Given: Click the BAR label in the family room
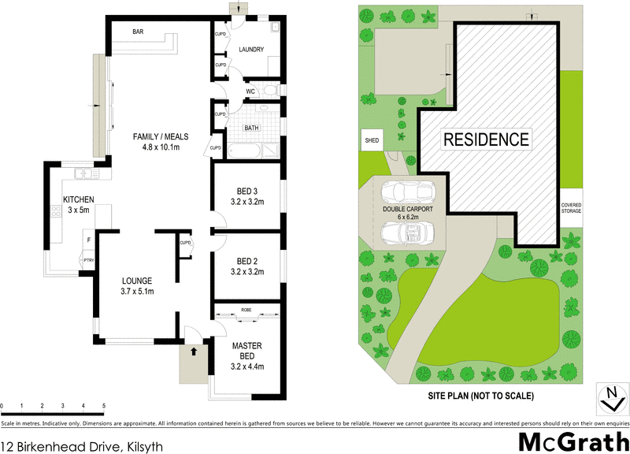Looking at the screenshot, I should point(138,32).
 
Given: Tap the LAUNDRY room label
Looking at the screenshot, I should point(251,50).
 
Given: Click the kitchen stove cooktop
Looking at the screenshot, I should point(56,211).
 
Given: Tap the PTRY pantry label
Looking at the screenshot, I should point(88,260).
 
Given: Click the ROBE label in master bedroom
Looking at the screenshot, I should point(246,311).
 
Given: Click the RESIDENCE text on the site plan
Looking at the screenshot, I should point(486,140).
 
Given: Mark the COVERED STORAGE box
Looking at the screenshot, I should point(572,208).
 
